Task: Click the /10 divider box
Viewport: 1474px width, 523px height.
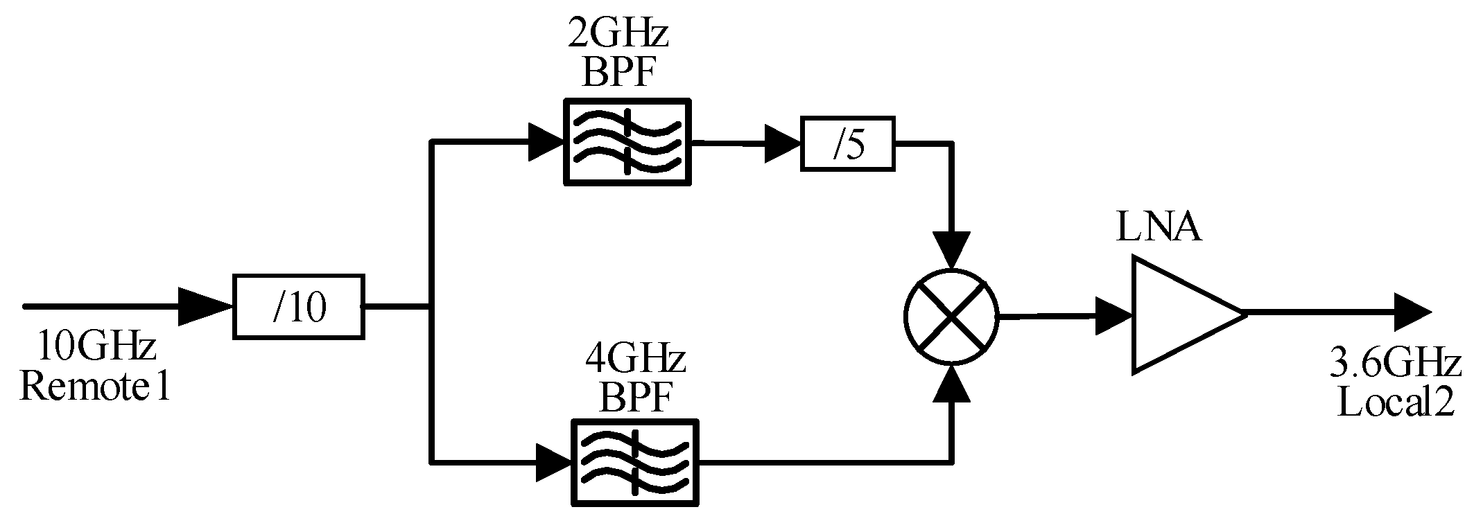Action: [298, 307]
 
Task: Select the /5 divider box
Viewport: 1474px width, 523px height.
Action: [847, 144]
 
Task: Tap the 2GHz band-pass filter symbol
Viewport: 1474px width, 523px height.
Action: [627, 141]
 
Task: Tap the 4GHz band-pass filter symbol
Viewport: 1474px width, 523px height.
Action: [634, 462]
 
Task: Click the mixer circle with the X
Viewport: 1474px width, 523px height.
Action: [951, 316]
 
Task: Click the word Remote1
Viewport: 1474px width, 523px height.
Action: [94, 385]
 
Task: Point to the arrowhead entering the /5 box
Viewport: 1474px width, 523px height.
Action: [782, 143]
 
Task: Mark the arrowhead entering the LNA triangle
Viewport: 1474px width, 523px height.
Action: [1113, 316]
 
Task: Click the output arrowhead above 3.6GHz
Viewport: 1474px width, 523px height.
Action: [1412, 313]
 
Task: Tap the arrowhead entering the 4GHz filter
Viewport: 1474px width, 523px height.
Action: [553, 462]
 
